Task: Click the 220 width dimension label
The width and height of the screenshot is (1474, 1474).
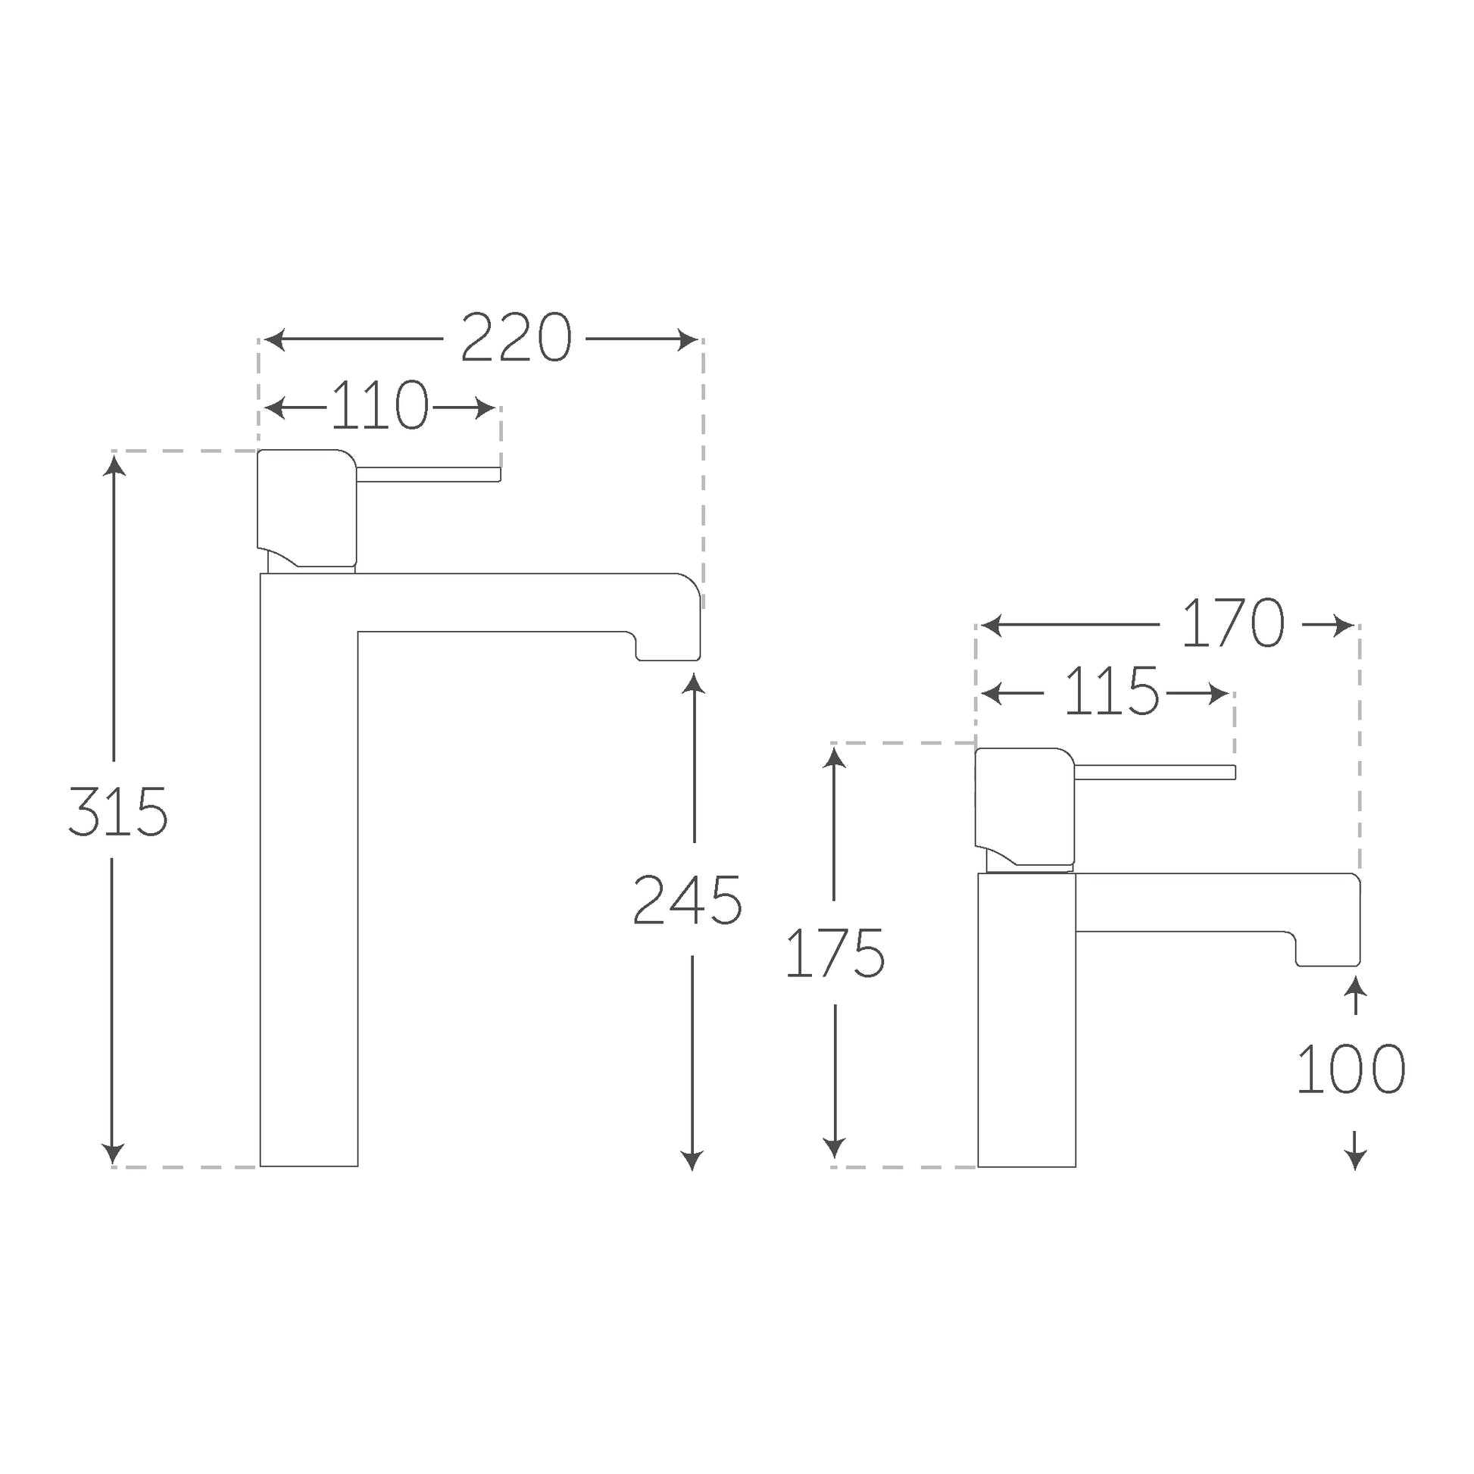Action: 516,338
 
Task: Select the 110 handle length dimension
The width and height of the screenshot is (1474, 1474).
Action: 380,406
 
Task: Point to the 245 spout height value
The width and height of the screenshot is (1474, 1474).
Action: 687,900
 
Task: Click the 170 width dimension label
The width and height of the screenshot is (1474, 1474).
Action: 1232,623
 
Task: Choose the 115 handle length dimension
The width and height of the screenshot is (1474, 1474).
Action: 1111,692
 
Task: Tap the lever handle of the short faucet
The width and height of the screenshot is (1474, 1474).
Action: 1154,772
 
